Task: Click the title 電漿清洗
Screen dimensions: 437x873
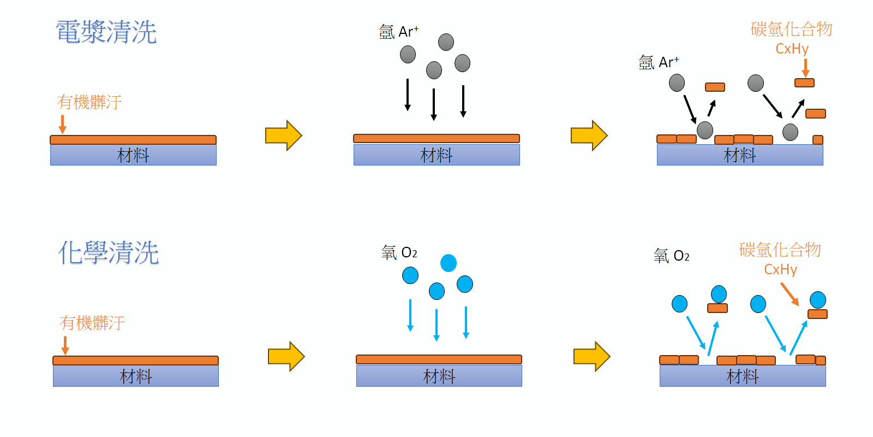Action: [106, 32]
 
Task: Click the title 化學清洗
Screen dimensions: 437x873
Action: [108, 253]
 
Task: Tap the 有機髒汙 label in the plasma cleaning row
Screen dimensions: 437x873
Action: [89, 102]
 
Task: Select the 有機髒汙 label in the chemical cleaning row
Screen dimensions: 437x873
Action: [92, 323]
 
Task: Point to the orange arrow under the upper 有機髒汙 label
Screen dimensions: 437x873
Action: [63, 124]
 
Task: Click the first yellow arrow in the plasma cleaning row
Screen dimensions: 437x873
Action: [283, 135]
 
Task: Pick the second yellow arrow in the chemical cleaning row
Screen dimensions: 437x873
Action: [591, 357]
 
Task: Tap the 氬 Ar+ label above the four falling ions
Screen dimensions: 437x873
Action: [399, 32]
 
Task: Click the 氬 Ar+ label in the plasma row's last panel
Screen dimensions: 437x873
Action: [659, 63]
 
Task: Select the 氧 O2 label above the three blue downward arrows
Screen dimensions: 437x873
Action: [399, 253]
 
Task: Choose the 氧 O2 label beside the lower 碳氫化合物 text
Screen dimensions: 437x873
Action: [671, 256]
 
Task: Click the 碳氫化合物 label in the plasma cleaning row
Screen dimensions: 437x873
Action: [791, 29]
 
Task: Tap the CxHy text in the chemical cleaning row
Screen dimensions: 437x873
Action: [780, 269]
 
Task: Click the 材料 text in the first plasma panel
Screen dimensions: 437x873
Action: [133, 156]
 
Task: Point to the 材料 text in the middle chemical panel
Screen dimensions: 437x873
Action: [439, 376]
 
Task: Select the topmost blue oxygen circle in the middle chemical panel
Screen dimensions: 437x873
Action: [449, 263]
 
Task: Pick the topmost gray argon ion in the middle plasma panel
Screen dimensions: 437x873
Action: [446, 42]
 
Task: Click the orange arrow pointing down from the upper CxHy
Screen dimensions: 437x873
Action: [805, 68]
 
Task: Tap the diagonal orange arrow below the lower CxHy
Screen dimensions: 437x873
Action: [790, 294]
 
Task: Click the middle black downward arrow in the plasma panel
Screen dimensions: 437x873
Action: [434, 104]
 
